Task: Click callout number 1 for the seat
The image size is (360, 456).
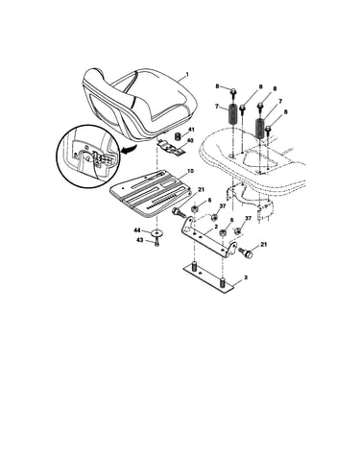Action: point(187,74)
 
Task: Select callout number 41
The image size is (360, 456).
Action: point(191,130)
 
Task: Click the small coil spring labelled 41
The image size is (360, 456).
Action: point(178,136)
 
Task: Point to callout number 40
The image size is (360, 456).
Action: point(190,140)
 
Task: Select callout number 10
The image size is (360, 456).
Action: point(190,171)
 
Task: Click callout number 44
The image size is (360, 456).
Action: point(137,230)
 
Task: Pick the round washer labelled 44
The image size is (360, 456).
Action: point(156,233)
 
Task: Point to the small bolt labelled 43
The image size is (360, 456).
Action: point(156,242)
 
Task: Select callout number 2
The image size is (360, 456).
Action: point(216,227)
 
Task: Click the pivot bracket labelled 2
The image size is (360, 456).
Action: point(208,237)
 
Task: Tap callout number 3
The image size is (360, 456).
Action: point(245,277)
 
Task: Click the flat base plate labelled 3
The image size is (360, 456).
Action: point(208,276)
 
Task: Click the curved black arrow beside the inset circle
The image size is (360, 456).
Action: point(127,149)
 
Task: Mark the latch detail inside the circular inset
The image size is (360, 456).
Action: point(96,156)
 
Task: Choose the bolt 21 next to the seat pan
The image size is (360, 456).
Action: point(180,213)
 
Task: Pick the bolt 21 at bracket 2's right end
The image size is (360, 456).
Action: point(246,253)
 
